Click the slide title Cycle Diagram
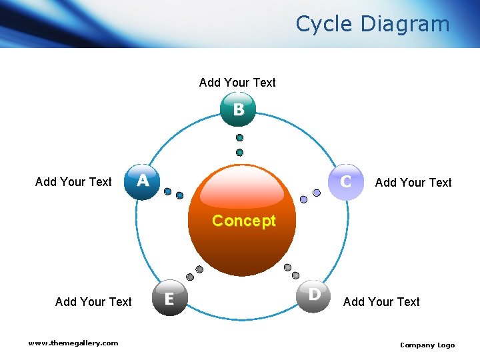pos(373,24)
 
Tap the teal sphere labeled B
pos(238,109)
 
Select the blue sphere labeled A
pos(142,181)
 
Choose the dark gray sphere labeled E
pos(169,299)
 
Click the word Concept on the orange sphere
pos(243,221)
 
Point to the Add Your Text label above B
pos(237,83)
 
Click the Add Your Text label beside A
pos(73,182)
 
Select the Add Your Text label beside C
pos(413,183)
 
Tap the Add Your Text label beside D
pos(381,302)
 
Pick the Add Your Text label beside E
pos(93,302)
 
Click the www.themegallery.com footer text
pos(73,343)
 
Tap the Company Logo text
pos(427,345)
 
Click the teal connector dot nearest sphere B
pos(239,138)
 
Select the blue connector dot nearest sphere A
pos(168,192)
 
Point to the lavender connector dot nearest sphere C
pos(317,193)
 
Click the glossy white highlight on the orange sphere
pos(243,191)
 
